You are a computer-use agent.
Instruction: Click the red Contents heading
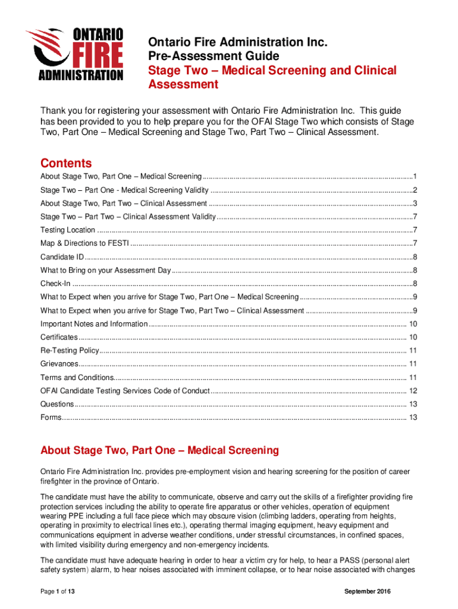point(65,163)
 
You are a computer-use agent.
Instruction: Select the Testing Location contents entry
point(67,230)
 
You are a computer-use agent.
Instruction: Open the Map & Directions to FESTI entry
point(84,243)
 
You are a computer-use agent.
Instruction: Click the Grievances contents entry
point(59,364)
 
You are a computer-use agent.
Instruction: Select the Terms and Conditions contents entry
point(77,378)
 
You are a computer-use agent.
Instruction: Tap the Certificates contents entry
point(59,337)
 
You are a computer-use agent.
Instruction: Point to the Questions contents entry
point(57,404)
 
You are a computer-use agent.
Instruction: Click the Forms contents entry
point(51,417)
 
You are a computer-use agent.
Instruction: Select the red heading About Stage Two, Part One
point(159,450)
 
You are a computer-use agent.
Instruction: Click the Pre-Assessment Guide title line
point(213,56)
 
